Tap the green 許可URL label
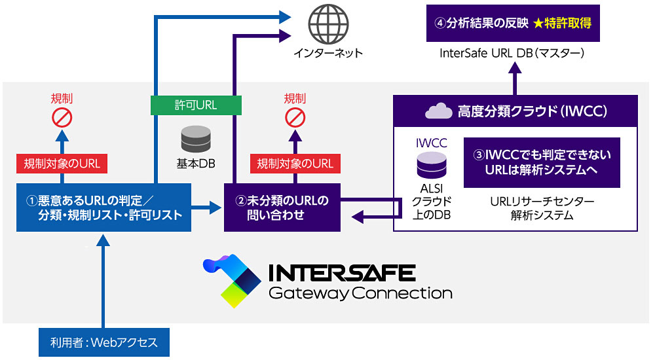click(x=196, y=104)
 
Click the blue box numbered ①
click(x=104, y=207)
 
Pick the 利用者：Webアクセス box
click(x=104, y=342)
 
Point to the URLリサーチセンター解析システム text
click(x=542, y=208)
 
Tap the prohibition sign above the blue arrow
click(x=62, y=118)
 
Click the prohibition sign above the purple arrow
click(x=295, y=118)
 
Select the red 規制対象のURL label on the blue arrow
click(x=62, y=163)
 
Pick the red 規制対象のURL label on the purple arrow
click(x=295, y=163)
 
